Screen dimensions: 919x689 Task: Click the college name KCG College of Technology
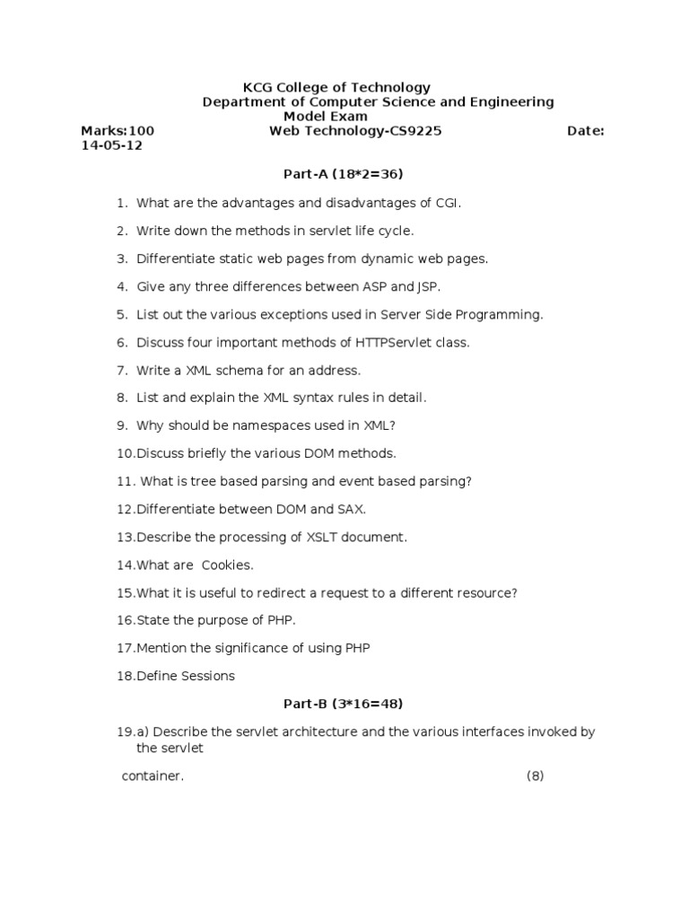click(336, 87)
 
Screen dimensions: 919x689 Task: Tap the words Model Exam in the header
click(326, 116)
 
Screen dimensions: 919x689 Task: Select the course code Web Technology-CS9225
click(355, 131)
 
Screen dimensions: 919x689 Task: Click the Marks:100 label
click(118, 131)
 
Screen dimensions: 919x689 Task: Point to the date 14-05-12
click(111, 145)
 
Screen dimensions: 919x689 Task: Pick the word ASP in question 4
click(366, 286)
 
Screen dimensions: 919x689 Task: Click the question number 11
click(125, 481)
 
